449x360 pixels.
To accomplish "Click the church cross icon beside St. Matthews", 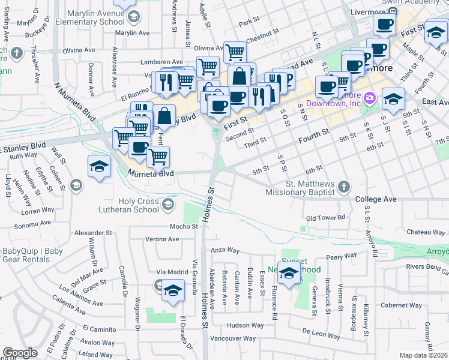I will (343, 188).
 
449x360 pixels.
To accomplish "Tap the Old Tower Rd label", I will (325, 218).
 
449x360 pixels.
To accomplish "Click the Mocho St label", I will (183, 226).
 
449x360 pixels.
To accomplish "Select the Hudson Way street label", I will (245, 325).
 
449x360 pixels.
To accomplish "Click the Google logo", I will (20, 353).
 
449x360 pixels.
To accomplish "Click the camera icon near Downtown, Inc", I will (370, 97).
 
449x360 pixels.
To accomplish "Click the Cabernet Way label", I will (400, 305).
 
